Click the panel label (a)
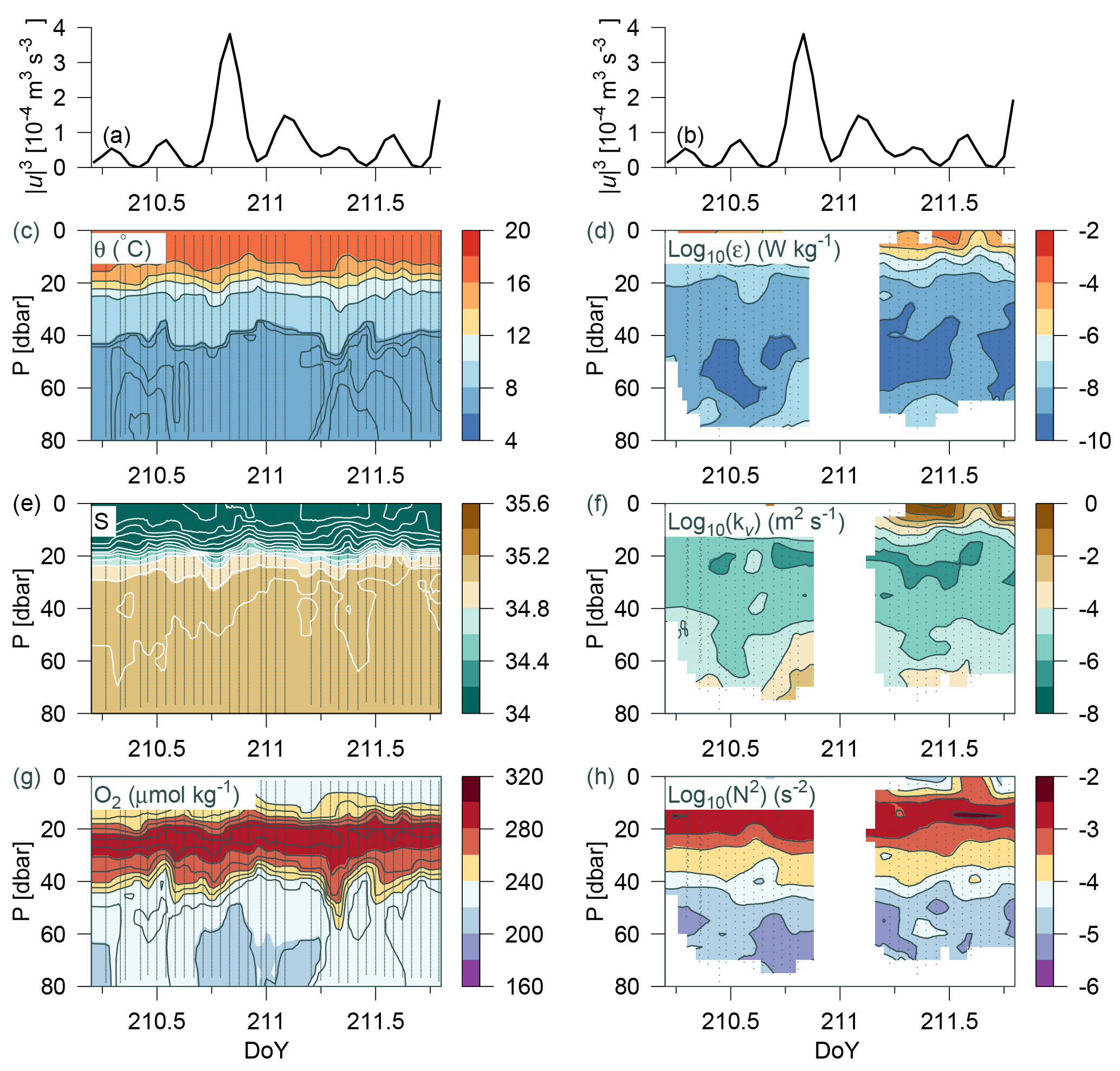116,136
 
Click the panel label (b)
690,136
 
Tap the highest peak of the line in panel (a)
230,34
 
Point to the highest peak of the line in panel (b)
803,34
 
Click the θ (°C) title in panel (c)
123,248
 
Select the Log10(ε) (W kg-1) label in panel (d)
754,249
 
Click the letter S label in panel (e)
102,521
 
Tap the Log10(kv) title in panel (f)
755,522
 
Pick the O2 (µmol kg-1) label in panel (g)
166,795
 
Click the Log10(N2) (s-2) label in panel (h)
741,795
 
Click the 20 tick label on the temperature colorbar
517,231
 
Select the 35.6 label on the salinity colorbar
527,504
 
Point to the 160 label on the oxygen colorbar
523,986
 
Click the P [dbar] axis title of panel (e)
22,609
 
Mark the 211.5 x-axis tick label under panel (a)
375,203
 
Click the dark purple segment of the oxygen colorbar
470,973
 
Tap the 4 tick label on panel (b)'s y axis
633,28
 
